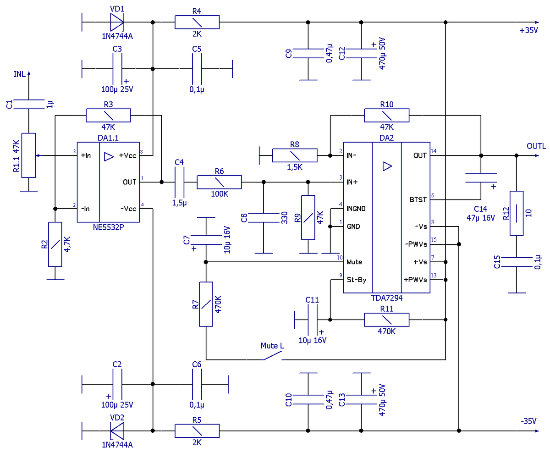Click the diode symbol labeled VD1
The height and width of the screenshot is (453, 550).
tap(117, 22)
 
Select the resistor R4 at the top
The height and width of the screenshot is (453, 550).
tap(197, 22)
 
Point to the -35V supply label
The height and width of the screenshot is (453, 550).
tap(528, 421)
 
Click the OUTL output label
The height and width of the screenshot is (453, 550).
tap(536, 146)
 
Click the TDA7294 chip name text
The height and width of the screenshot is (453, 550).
tap(386, 298)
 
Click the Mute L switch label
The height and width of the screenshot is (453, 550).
tap(272, 346)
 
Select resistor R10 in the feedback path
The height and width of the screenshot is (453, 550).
tap(386, 116)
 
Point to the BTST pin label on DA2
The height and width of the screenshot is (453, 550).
tap(418, 200)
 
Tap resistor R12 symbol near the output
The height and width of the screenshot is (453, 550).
tap(517, 213)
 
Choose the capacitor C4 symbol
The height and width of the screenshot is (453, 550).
tap(179, 182)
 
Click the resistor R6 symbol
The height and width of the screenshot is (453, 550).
tap(219, 182)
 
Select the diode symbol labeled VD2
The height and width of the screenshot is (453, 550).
tap(117, 431)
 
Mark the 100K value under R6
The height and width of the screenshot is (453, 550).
tap(219, 194)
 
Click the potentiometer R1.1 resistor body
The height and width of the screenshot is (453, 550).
tap(28, 155)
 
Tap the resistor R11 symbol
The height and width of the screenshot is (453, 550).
tap(386, 320)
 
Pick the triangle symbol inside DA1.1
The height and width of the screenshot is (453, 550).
tap(109, 157)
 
